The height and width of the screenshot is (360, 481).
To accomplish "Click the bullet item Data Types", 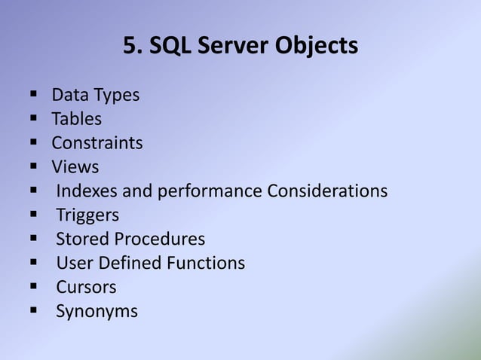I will [95, 96].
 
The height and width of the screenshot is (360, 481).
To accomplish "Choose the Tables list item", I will [76, 119].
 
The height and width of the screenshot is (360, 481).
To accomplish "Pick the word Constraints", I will [97, 143].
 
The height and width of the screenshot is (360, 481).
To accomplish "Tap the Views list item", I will [75, 167].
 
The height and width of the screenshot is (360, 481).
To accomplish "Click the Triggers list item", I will [87, 216].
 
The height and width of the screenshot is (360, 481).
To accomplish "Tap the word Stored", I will [82, 239].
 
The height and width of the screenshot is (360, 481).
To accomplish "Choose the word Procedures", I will [159, 239].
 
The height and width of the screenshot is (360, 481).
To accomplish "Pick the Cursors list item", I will [86, 288].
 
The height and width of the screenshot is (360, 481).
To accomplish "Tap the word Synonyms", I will [97, 312].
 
